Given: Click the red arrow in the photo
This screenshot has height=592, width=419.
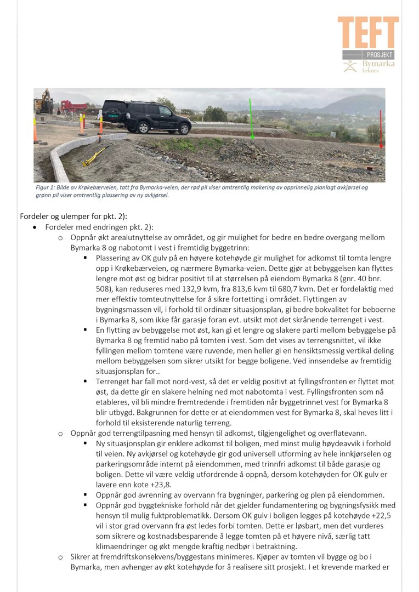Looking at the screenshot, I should tap(381, 129).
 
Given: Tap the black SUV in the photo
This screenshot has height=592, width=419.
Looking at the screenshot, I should tap(146, 116).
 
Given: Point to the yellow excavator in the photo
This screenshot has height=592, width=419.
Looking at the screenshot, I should tap(43, 103).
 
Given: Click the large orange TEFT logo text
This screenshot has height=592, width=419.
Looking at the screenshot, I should tap(367, 32).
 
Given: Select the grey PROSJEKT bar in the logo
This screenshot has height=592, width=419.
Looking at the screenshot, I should tap(368, 55).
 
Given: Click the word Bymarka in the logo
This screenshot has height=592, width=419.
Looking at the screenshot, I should tap(378, 65).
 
